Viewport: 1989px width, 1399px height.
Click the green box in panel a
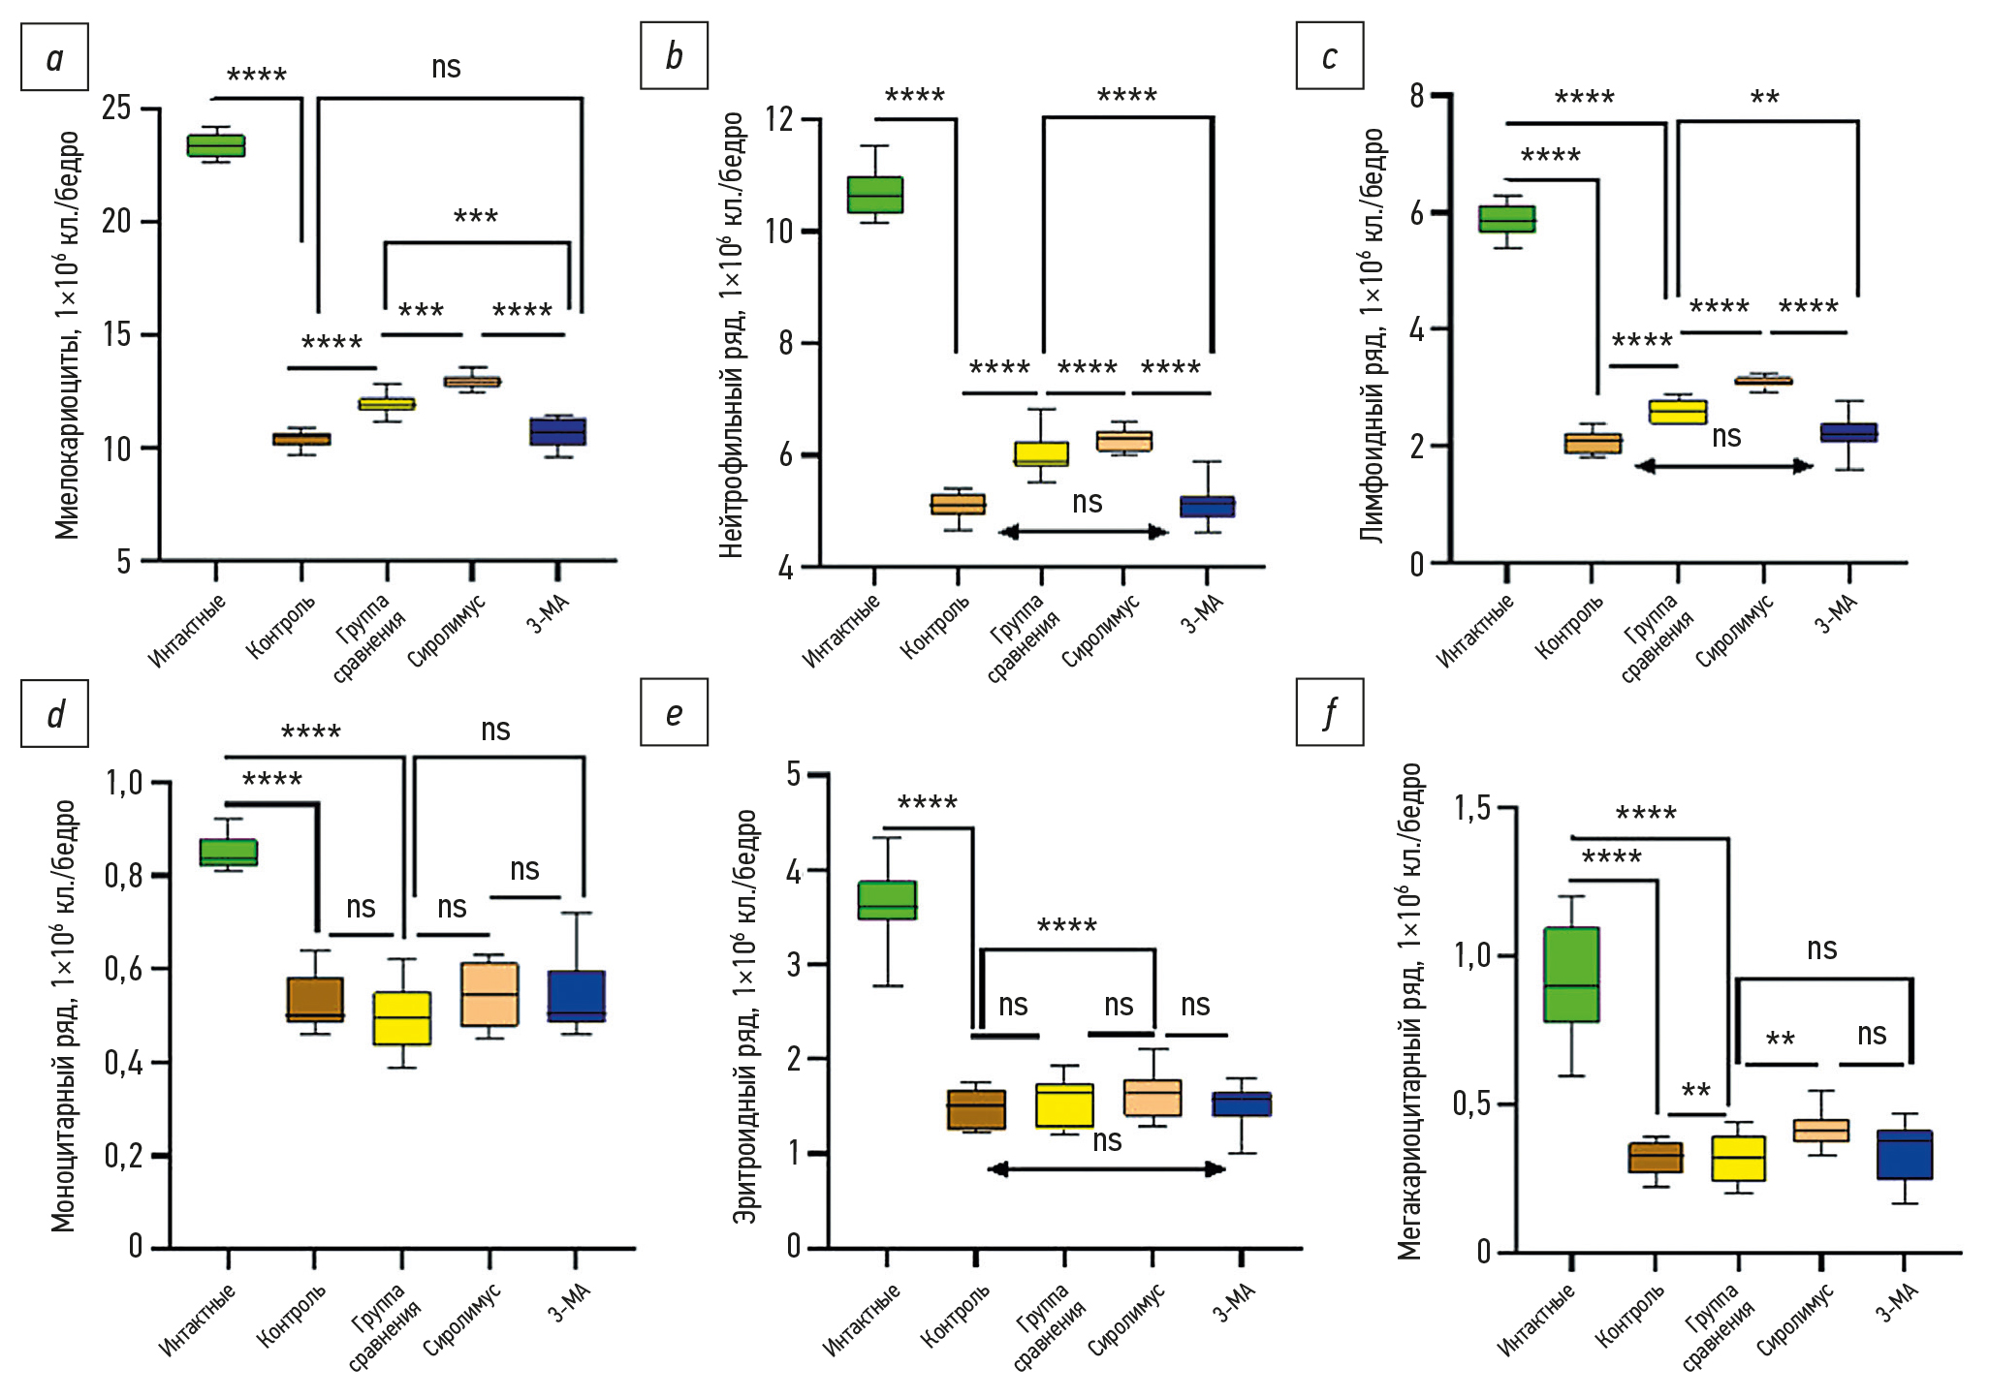tap(216, 145)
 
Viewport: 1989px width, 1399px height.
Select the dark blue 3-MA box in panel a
tap(557, 431)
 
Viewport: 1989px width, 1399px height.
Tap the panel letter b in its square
tap(674, 56)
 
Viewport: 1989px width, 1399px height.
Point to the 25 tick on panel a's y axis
tap(117, 108)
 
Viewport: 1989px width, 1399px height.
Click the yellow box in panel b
tap(1041, 453)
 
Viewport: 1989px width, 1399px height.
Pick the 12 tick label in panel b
tap(778, 119)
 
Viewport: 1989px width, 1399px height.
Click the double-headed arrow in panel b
tap(1083, 532)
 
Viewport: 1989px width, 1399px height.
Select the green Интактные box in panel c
tap(1506, 220)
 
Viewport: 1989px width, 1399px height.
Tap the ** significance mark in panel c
tap(1764, 98)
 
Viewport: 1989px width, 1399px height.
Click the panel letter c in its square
tap(1329, 57)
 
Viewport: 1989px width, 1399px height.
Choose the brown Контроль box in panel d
tap(315, 999)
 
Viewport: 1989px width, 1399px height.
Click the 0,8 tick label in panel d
tap(123, 876)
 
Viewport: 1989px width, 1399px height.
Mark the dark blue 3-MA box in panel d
tap(577, 996)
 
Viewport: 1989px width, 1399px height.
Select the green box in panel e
tap(887, 900)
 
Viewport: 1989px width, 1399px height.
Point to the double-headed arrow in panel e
tap(1106, 1169)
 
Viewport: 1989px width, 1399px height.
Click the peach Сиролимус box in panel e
tap(1152, 1098)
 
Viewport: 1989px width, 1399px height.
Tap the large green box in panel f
tap(1571, 975)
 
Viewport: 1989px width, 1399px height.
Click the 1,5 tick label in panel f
tap(1471, 808)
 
